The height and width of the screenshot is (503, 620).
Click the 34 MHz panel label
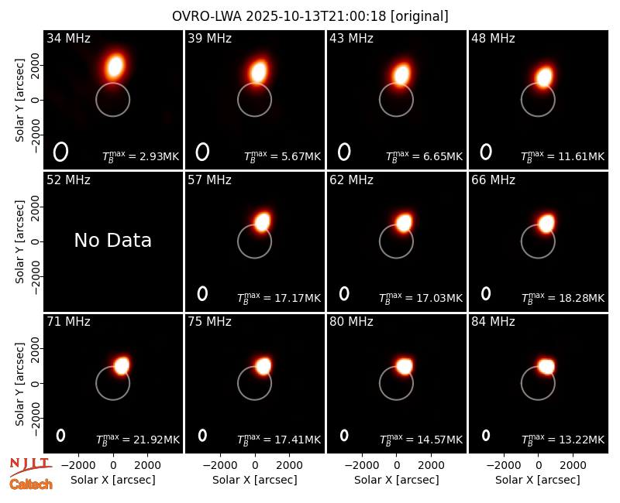click(x=68, y=38)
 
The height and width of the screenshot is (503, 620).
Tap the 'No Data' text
click(x=112, y=240)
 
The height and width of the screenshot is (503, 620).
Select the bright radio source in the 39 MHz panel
click(x=258, y=71)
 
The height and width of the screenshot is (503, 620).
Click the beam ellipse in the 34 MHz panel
click(x=61, y=152)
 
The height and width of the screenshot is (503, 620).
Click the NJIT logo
click(x=31, y=467)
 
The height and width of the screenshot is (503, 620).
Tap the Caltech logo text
click(x=31, y=484)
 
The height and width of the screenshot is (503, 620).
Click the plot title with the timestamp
click(x=310, y=16)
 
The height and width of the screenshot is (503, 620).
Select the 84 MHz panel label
click(x=493, y=321)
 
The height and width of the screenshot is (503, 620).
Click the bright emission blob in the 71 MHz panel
click(x=122, y=365)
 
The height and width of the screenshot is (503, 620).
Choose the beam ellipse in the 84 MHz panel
click(x=486, y=435)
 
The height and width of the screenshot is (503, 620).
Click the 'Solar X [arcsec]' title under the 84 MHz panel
click(x=538, y=480)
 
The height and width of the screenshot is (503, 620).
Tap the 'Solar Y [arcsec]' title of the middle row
click(x=19, y=241)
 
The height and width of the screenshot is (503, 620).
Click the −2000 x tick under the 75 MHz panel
click(x=219, y=465)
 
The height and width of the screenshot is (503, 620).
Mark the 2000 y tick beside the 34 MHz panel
click(x=35, y=65)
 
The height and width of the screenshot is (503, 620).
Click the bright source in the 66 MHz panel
click(x=546, y=224)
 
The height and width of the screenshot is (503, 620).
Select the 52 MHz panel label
click(x=68, y=180)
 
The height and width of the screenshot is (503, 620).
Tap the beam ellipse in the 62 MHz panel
click(x=344, y=293)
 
